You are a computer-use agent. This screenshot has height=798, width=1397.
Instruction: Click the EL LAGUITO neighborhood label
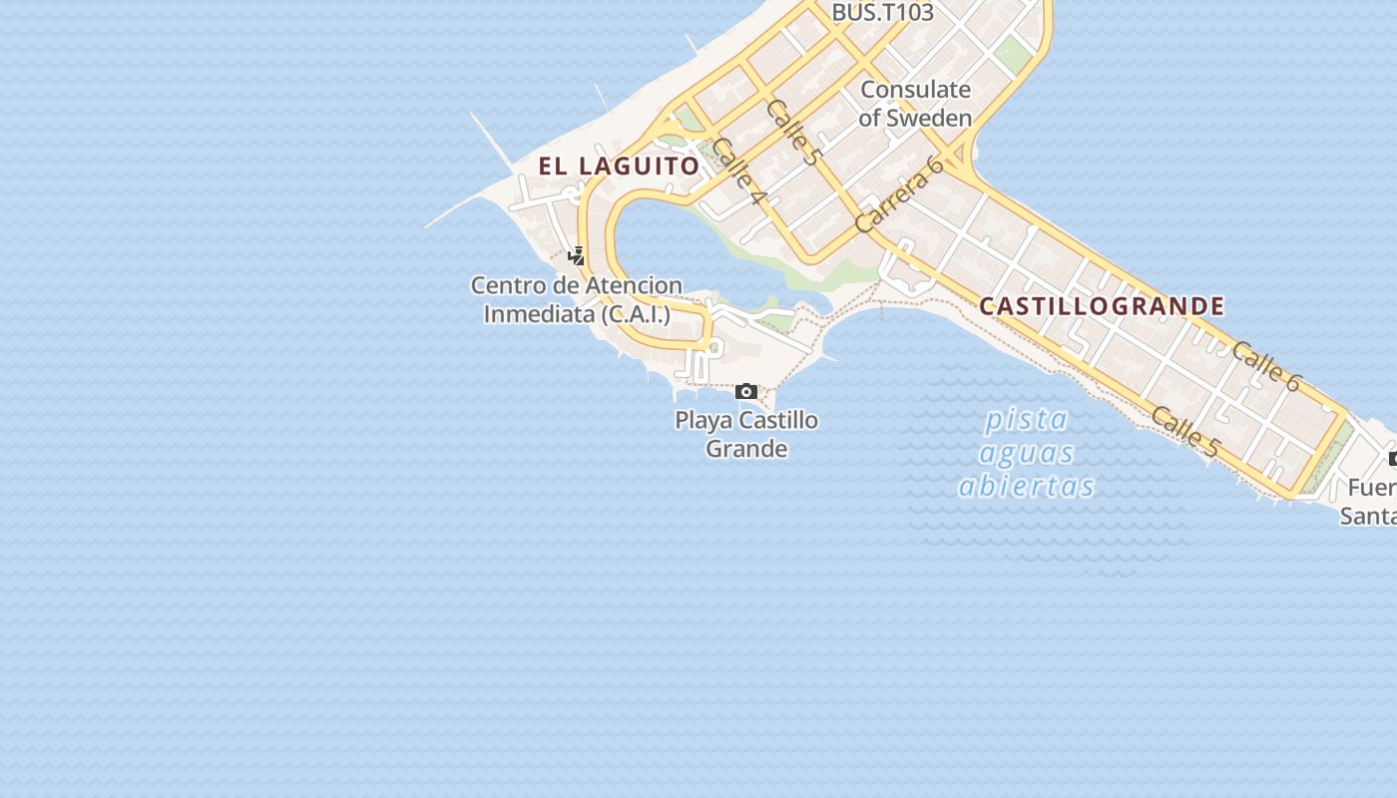(x=619, y=166)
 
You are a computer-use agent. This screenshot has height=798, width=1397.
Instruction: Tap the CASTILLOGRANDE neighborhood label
(x=1102, y=305)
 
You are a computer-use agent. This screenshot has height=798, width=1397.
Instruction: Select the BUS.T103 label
(x=882, y=13)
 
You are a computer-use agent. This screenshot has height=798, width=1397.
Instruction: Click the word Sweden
(x=929, y=118)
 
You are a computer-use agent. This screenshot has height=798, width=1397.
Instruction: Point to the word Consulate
(x=915, y=89)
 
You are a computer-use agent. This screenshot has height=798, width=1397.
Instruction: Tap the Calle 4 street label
(x=739, y=172)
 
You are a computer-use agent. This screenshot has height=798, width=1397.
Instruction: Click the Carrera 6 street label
(x=899, y=196)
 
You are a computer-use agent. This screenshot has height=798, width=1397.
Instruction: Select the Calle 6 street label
(x=1266, y=366)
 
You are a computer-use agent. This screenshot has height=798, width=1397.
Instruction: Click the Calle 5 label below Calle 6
(x=1185, y=432)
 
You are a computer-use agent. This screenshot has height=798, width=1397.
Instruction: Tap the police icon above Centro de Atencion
(x=576, y=255)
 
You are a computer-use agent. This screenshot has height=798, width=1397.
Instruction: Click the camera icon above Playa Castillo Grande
(x=745, y=391)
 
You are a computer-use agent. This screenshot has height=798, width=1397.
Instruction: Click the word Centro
(x=509, y=285)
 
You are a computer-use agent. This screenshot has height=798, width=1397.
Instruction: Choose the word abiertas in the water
(x=1026, y=486)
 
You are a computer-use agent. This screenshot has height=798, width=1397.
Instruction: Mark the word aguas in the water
(x=1026, y=454)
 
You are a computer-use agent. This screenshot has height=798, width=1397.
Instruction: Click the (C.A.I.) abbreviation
(x=636, y=313)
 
